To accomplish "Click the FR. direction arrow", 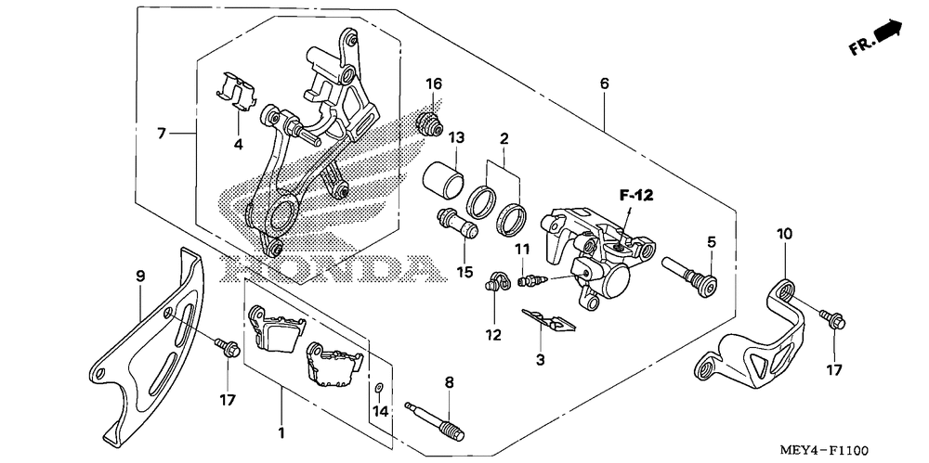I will pos(888,34).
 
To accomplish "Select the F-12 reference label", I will pos(638,195).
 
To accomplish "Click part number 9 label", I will pos(141,276).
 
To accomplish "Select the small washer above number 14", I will pos(380,386).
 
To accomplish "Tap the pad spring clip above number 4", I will pos(236,91).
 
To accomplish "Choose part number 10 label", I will pos(785,235).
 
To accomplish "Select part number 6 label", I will pos(604,84).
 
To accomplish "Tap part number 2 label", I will pos(504,140).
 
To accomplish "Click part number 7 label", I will pos(162,134).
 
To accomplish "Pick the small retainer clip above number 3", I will pos(548,319).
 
